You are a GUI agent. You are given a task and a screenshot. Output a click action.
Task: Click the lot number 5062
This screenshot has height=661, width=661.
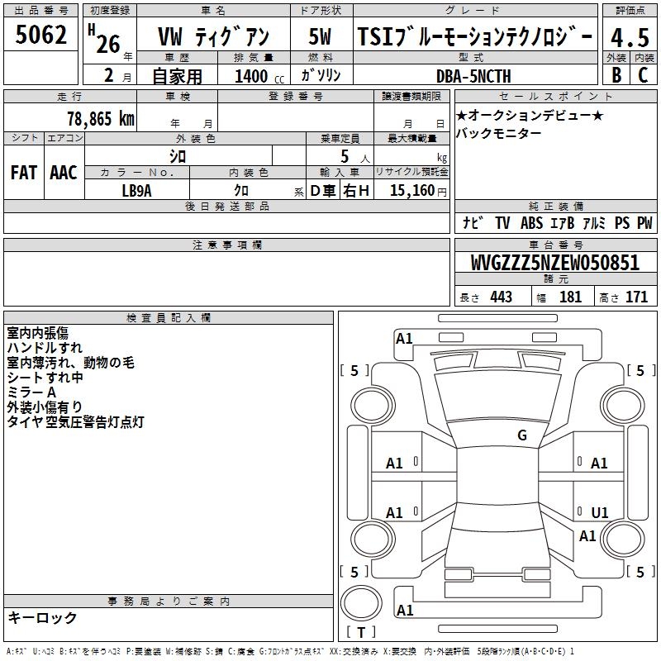coord(40,35)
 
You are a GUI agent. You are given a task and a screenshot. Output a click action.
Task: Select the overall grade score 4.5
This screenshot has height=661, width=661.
coord(630,37)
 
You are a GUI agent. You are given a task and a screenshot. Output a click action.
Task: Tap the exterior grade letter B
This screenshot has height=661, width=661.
coord(616,75)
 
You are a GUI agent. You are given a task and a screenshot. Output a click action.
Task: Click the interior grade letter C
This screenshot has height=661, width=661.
coord(643,75)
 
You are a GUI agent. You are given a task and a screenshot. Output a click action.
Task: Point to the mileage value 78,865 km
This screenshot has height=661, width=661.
coord(101,118)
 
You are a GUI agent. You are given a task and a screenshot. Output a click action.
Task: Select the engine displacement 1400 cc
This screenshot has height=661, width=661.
coord(259,76)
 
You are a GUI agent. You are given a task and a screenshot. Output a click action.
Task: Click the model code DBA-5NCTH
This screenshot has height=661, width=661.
coord(473,76)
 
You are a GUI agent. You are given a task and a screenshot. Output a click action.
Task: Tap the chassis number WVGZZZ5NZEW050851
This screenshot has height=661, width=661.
coord(554,262)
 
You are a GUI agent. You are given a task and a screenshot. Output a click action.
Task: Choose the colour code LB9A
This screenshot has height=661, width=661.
coord(136,191)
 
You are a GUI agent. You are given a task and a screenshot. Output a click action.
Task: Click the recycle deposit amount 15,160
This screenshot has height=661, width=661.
coord(412,190)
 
